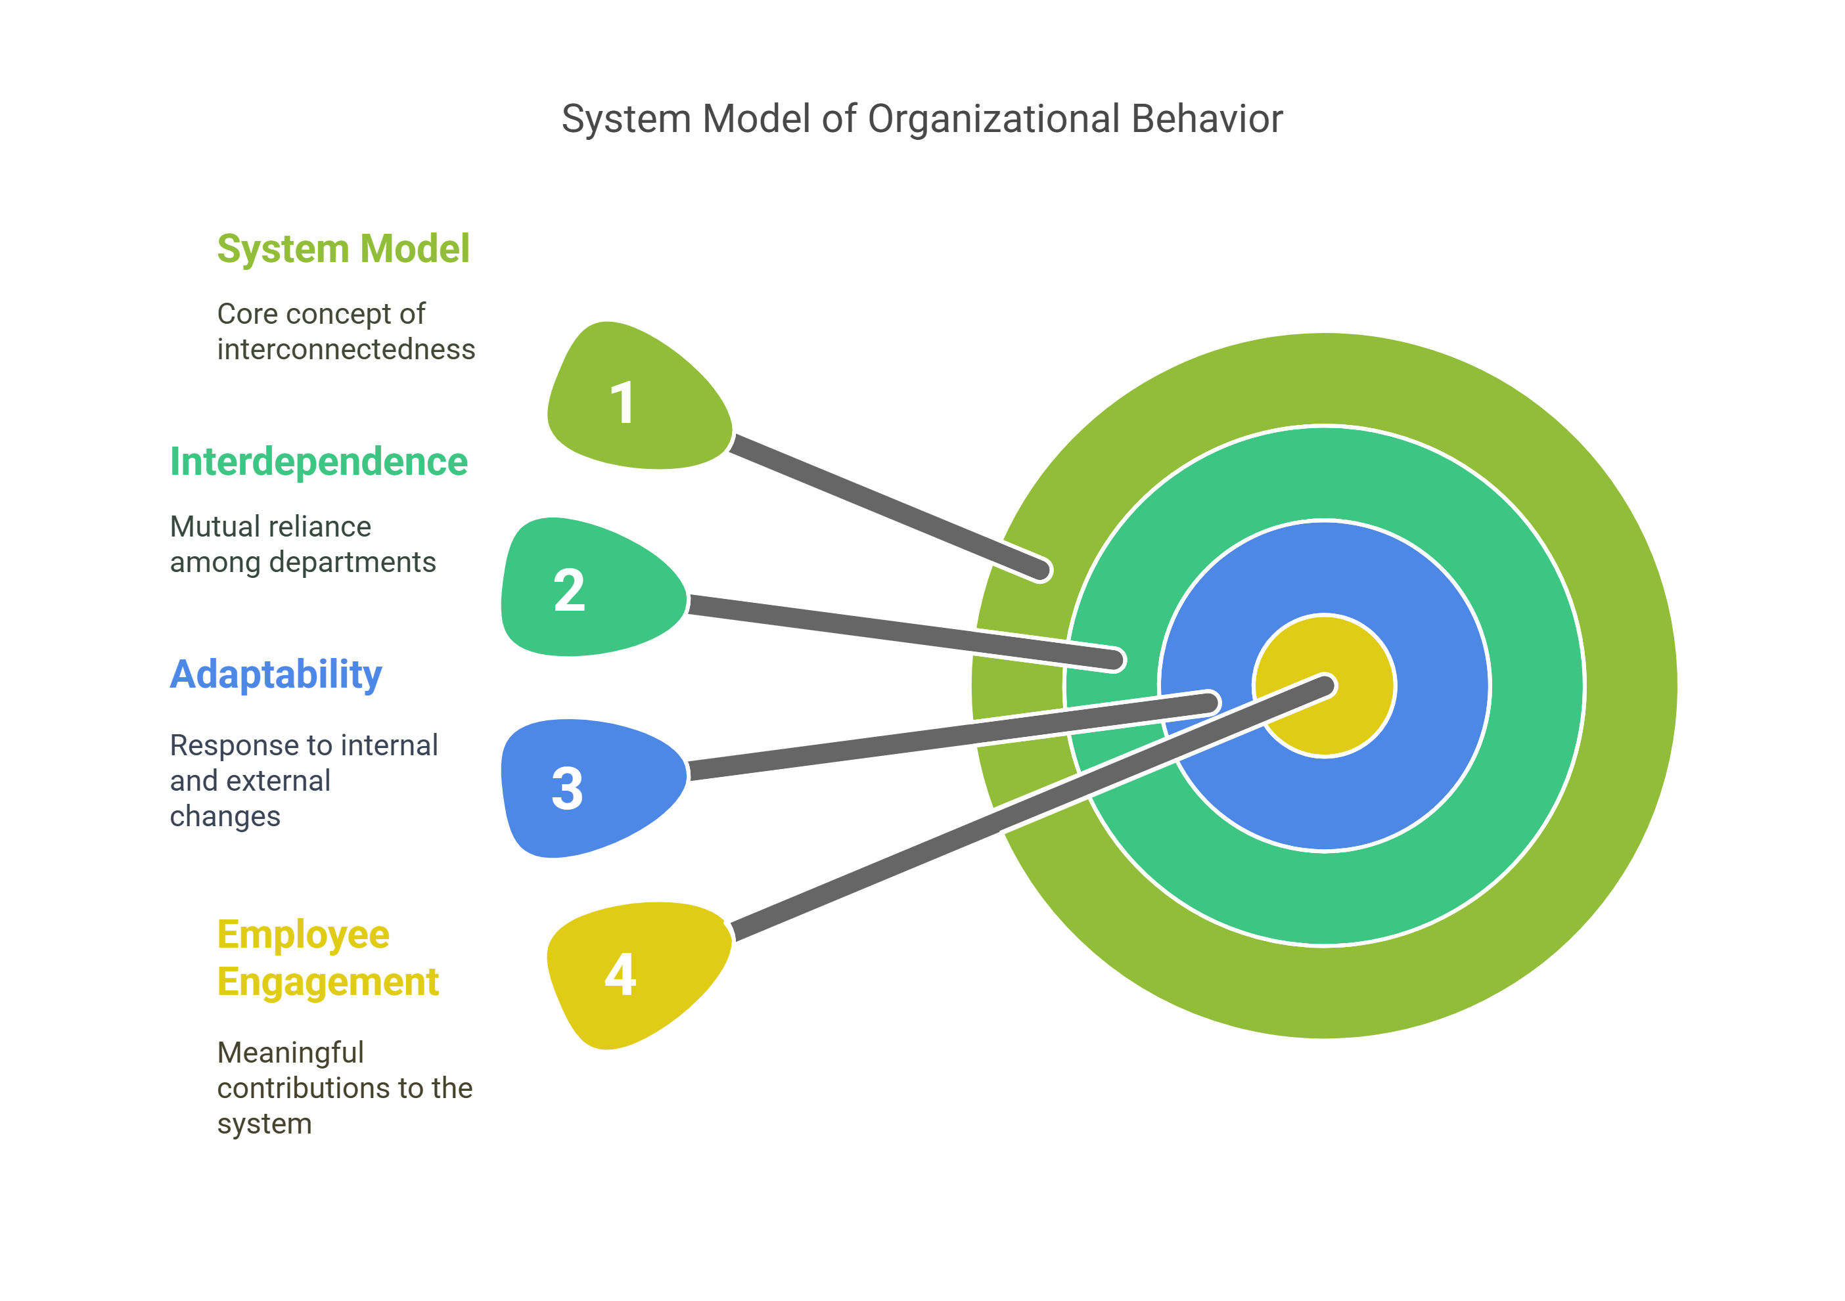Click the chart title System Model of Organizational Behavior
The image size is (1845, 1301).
pos(922,119)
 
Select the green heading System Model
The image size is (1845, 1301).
pos(343,249)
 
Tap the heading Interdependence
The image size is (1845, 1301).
pos(318,462)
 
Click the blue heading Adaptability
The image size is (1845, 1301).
pos(275,674)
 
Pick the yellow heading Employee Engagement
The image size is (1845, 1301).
pos(328,958)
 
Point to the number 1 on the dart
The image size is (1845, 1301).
pos(623,403)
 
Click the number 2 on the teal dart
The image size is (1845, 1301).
pos(569,591)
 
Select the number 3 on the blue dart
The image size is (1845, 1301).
pos(567,789)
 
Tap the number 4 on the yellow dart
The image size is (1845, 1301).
pos(620,976)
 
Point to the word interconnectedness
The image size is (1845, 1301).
pos(346,350)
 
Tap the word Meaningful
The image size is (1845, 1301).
pos(290,1053)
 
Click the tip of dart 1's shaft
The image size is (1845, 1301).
pos(1041,570)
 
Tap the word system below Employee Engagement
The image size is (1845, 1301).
pos(264,1124)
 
